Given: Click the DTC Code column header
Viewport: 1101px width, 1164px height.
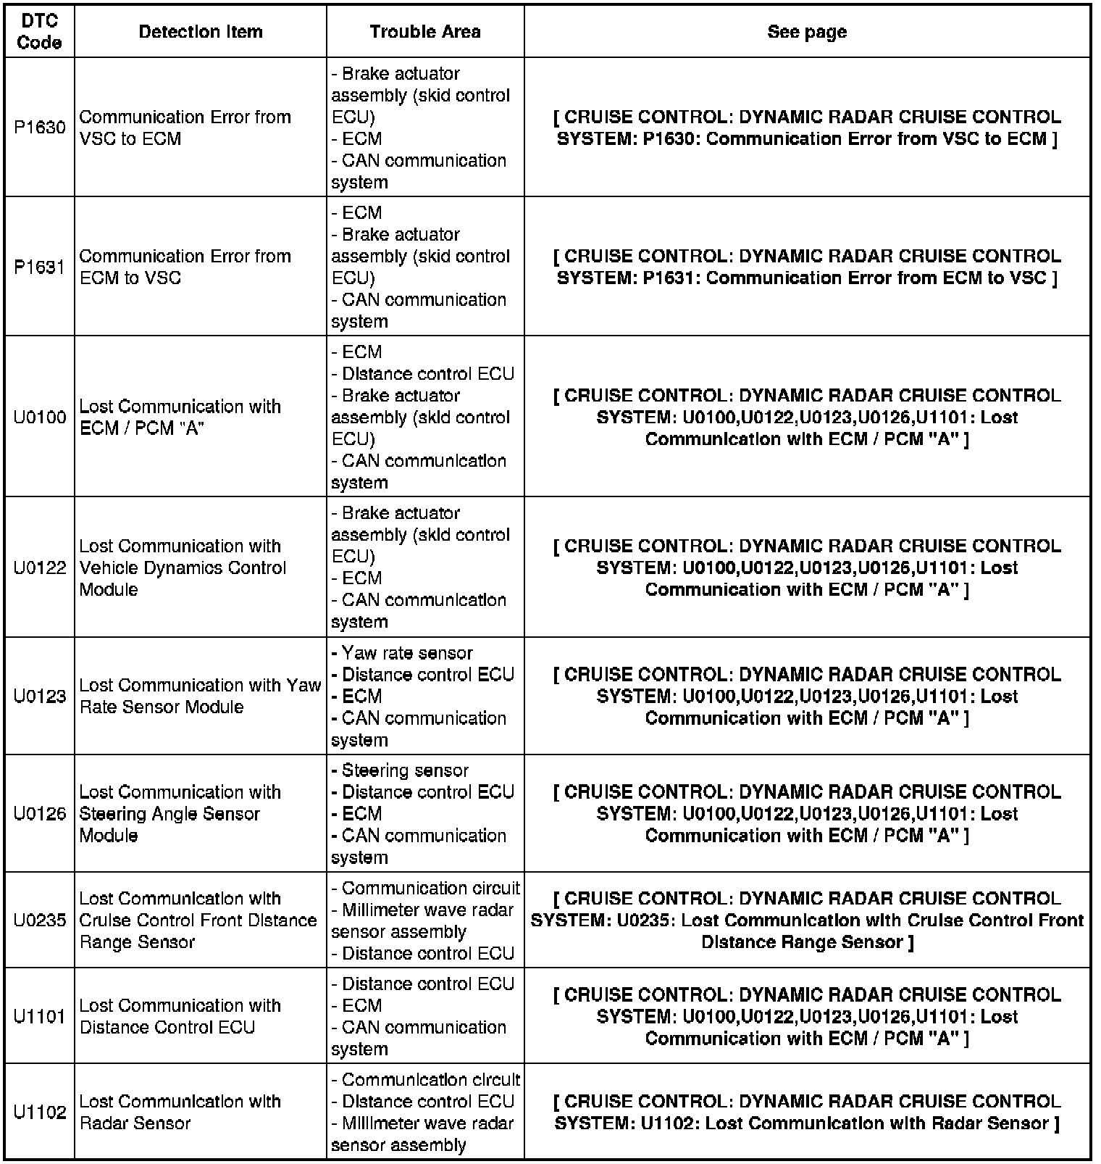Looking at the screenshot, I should click(39, 32).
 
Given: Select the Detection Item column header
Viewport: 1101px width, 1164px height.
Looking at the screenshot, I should click(201, 32).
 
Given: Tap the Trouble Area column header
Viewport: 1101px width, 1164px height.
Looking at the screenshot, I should click(425, 32).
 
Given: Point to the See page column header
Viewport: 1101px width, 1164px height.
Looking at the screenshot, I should click(807, 32).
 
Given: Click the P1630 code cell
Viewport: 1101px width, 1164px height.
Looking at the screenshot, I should click(39, 128).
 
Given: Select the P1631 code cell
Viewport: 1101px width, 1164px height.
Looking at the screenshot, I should click(39, 267).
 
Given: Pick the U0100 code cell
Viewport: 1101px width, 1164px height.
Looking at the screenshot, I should click(39, 417).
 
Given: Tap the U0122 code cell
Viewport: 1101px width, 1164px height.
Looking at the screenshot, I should click(39, 568).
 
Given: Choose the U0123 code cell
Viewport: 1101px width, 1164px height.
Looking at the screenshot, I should click(39, 697).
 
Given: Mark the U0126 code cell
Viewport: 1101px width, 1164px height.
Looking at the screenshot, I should click(39, 814).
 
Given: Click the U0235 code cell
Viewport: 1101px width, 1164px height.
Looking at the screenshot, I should click(39, 920).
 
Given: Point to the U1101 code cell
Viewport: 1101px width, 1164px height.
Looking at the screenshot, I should click(39, 1016).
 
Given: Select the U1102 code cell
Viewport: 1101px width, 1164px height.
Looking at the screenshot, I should click(39, 1112).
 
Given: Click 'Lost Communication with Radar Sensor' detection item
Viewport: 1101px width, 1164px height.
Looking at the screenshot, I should click(180, 1112).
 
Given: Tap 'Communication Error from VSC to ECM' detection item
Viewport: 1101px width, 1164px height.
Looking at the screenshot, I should click(185, 128).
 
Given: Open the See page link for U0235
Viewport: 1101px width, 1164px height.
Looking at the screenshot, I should click(807, 920).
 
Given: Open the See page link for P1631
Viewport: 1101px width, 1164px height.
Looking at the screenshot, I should click(807, 267).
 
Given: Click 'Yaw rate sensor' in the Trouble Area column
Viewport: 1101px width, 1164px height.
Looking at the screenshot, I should click(406, 653).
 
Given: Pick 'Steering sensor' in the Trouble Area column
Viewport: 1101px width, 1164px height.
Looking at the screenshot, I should click(404, 770).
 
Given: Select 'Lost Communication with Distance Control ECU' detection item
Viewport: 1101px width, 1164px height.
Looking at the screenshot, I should click(180, 1016).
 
